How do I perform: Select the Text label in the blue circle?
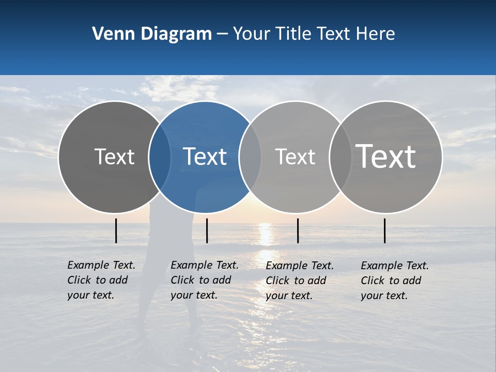(x=205, y=157)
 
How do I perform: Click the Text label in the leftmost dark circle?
(x=114, y=157)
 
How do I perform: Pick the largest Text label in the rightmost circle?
(x=386, y=156)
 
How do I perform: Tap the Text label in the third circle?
(x=295, y=157)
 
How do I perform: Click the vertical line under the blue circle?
(x=207, y=230)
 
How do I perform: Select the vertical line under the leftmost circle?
(x=116, y=230)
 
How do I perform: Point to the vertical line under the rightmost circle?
(x=385, y=230)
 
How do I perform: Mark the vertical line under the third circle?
(x=298, y=230)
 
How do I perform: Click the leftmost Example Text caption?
(x=101, y=280)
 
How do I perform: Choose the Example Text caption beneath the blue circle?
(x=204, y=280)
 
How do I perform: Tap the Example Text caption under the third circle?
(x=299, y=281)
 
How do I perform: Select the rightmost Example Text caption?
(x=394, y=281)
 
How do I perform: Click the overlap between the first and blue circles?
(x=160, y=157)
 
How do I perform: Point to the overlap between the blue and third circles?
(x=250, y=157)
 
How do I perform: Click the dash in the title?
(x=222, y=34)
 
